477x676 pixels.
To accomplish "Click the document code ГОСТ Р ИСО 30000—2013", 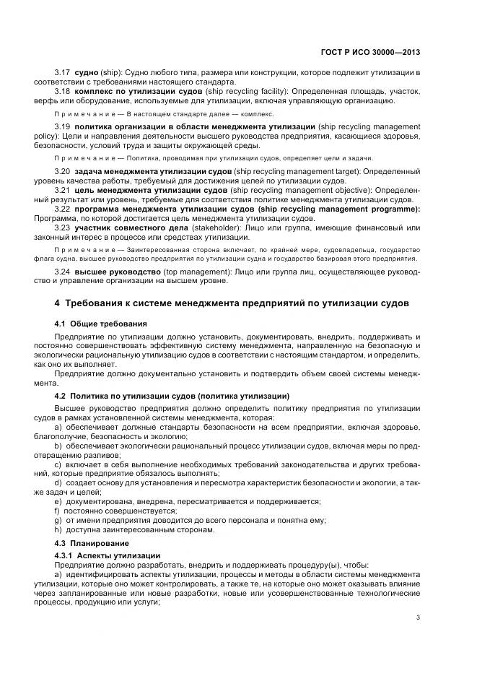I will [x=370, y=52].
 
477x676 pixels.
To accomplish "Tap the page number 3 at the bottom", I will [x=419, y=617].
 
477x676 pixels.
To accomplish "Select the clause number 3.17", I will [x=63, y=74].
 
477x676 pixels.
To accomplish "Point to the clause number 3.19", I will [x=63, y=126].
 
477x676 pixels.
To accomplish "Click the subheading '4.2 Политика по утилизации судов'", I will [x=172, y=396].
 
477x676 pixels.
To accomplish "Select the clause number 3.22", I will [x=63, y=209].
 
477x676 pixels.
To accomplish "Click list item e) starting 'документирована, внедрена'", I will [x=188, y=501].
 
